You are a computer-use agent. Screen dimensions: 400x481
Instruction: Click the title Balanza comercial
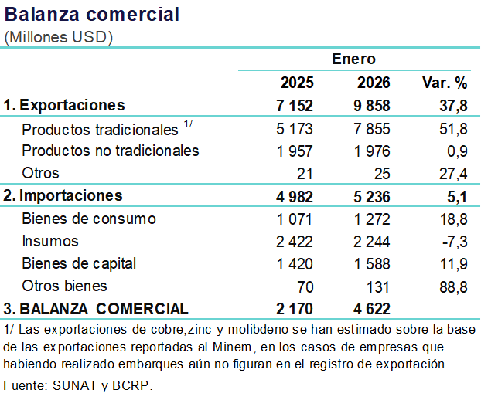92,15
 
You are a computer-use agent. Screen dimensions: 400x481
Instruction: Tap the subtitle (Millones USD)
59,37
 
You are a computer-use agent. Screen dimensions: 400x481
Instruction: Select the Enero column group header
353,59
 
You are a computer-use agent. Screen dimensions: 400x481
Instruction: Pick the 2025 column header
297,83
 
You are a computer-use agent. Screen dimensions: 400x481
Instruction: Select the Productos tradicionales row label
101,129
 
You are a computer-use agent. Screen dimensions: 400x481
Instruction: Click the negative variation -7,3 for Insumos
455,241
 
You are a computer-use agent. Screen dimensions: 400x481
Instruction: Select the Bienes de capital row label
80,263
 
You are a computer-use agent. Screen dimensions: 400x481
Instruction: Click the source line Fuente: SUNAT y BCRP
78,385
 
